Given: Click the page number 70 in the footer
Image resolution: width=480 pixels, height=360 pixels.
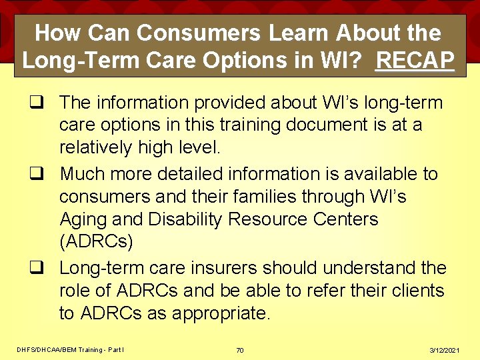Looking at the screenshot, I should coord(239,349).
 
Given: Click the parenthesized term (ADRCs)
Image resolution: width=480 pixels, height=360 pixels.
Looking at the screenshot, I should coord(96,242).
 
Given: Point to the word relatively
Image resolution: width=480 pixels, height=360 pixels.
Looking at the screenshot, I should coord(99,147).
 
